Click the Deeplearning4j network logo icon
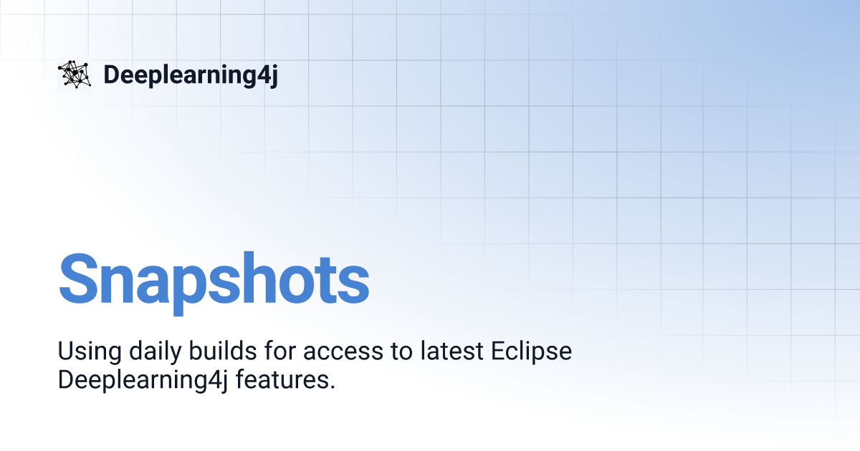[x=75, y=74]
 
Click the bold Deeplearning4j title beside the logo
[x=191, y=75]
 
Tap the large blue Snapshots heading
[x=214, y=283]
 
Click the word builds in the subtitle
[x=223, y=351]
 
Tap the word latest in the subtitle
[x=451, y=351]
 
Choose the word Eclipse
[x=531, y=351]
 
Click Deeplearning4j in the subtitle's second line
[x=143, y=380]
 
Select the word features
[x=282, y=379]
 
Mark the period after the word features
[x=333, y=387]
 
